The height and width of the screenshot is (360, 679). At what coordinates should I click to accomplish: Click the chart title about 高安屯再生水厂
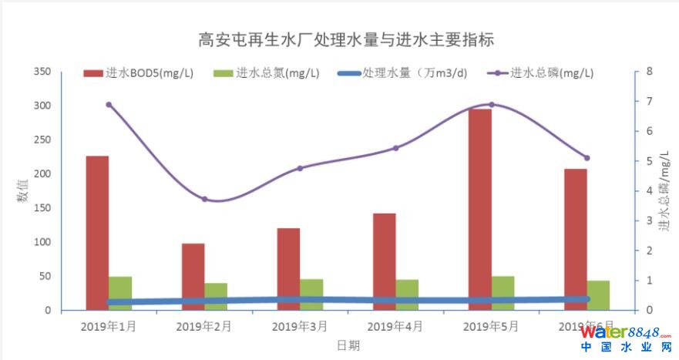pos(345,39)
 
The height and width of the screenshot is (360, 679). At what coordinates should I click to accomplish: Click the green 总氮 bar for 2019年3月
pos(311,294)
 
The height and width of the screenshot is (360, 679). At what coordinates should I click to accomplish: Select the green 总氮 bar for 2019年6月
pos(598,295)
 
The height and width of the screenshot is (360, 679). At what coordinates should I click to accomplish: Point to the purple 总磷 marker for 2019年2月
pos(204,199)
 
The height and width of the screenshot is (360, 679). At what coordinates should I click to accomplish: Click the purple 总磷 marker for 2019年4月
pos(395,148)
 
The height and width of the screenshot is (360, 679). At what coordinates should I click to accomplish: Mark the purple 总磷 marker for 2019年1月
pos(109,105)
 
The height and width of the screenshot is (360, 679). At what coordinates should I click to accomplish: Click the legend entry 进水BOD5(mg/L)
pos(139,74)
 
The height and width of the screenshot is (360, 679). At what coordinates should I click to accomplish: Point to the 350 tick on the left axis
pos(42,72)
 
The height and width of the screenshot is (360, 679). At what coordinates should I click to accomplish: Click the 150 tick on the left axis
pos(42,208)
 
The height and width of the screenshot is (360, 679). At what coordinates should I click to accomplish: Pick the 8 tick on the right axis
pos(650,72)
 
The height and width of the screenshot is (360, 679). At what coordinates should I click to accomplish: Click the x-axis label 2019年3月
pos(300,326)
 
